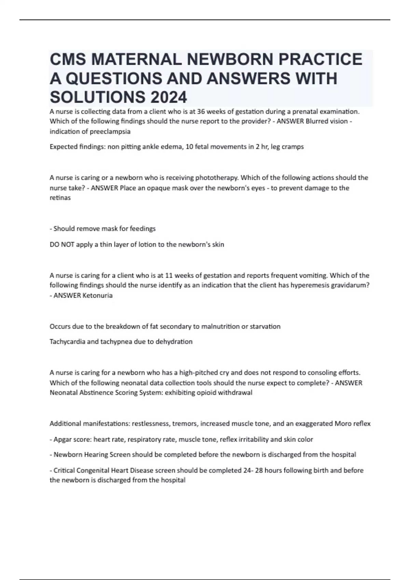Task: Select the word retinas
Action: tap(60, 198)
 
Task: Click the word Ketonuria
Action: tap(97, 295)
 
